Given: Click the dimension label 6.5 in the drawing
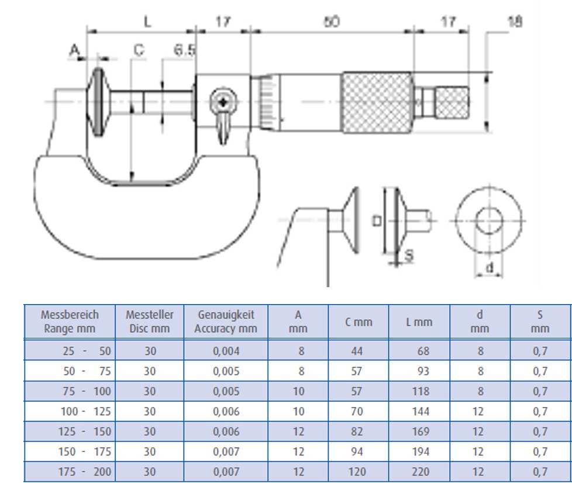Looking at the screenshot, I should (184, 51).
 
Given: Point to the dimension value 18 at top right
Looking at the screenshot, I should (514, 22).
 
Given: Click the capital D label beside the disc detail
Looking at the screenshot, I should (377, 221).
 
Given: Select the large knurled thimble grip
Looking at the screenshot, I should (377, 103).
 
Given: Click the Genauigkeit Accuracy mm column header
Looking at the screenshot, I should (226, 322).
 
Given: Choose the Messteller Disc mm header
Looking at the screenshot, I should (150, 322).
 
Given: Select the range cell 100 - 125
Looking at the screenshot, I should (86, 412).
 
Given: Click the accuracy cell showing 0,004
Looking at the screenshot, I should (226, 351).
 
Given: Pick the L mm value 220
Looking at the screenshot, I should (421, 472).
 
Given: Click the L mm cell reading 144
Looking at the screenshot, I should (421, 412).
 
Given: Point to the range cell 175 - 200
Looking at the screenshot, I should (86, 472).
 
